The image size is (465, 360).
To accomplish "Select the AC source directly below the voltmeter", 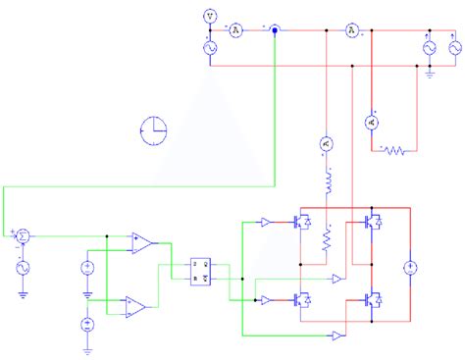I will coord(210,47).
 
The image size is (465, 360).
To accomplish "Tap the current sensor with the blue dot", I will coord(275,30).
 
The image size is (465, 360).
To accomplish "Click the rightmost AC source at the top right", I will coord(454,47).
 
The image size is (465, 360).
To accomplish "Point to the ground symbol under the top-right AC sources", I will coord(431,73).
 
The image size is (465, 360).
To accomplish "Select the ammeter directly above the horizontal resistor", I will coord(371,122).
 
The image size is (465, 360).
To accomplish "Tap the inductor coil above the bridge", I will coord(327,182).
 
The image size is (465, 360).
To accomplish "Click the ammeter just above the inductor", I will coord(327,145).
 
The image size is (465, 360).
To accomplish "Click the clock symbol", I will coord(154,128).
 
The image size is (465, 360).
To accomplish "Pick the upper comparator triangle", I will coord(140,241).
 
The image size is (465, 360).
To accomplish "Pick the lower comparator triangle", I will coord(135,307).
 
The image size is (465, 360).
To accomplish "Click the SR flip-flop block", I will coord(201,272).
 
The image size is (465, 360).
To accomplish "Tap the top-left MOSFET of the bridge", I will coord(302,224).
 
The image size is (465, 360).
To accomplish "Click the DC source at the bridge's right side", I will coord(411,267).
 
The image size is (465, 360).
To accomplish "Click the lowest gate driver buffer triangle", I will coord(337,336).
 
